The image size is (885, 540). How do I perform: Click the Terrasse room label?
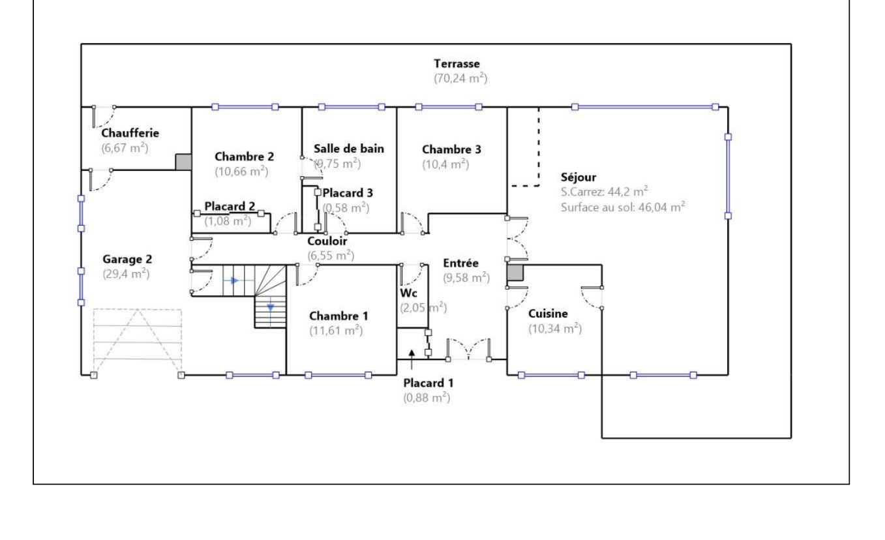pyautogui.click(x=457, y=64)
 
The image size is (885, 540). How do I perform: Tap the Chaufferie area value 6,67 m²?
pyautogui.click(x=125, y=148)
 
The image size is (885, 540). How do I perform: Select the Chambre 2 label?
pyautogui.click(x=244, y=157)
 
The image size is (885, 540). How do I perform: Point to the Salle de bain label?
pyautogui.click(x=349, y=149)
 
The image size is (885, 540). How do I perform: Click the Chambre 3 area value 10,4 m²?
pyautogui.click(x=445, y=164)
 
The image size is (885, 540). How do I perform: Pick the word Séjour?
pyautogui.click(x=578, y=177)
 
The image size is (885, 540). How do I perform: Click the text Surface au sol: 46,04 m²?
pyautogui.click(x=623, y=207)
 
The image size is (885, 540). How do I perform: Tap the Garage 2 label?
pyautogui.click(x=127, y=260)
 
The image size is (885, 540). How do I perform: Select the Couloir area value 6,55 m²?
pyautogui.click(x=331, y=255)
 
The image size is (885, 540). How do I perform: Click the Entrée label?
pyautogui.click(x=460, y=263)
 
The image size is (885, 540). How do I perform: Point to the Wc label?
pyautogui.click(x=408, y=293)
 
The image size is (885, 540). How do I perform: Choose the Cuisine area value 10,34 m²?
pyautogui.click(x=555, y=328)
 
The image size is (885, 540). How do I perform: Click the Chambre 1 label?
pyautogui.click(x=338, y=316)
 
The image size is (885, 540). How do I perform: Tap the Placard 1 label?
pyautogui.click(x=428, y=383)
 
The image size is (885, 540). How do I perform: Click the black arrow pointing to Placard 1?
pyautogui.click(x=412, y=359)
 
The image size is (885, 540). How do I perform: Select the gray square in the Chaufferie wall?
pyautogui.click(x=183, y=162)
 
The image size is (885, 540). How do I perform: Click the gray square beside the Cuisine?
pyautogui.click(x=515, y=273)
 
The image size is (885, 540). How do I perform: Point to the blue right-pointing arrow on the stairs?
pyautogui.click(x=234, y=281)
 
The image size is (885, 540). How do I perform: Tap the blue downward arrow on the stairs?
pyautogui.click(x=270, y=307)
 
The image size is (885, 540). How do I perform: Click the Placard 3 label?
pyautogui.click(x=348, y=193)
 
